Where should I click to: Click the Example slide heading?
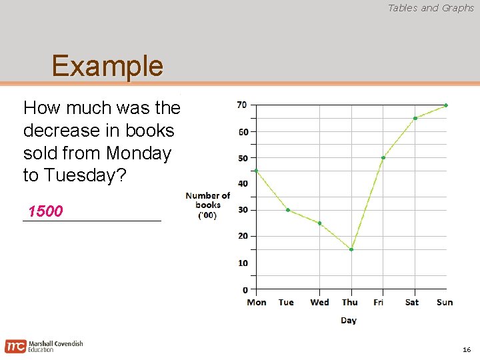[x=107, y=66]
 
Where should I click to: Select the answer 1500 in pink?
[x=45, y=212]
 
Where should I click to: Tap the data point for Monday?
[x=256, y=171]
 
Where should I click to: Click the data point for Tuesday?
[x=287, y=210]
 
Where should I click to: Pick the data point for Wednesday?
[x=319, y=223]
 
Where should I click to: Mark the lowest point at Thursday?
[x=351, y=249]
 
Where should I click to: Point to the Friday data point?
[x=383, y=158]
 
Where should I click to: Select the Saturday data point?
[x=415, y=119]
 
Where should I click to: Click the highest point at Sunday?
[x=446, y=105]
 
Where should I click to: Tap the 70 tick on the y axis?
[x=242, y=105]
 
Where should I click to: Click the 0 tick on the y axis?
[x=245, y=289]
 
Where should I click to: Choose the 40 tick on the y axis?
[x=242, y=184]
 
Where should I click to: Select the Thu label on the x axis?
[x=349, y=303]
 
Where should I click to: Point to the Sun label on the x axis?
[x=445, y=303]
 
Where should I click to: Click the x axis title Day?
[x=349, y=321]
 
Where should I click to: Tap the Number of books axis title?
[x=207, y=205]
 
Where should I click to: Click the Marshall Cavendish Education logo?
[x=44, y=346]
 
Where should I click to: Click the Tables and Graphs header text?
[x=431, y=8]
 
